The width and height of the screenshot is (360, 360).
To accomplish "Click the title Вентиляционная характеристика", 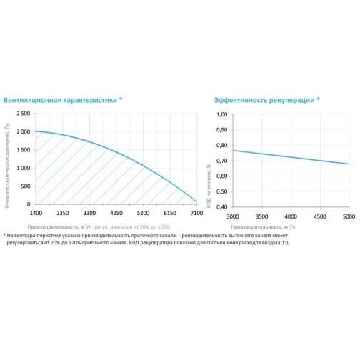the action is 60,100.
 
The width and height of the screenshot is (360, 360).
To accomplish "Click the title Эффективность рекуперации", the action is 264,100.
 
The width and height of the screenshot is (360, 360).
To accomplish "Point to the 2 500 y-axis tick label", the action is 24,114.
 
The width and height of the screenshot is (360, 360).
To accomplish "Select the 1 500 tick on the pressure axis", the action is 24,150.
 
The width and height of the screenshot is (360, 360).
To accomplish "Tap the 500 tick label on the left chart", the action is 26,186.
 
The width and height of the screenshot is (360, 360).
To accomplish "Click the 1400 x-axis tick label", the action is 36,213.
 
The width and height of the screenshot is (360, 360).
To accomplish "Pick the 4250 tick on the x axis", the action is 116,213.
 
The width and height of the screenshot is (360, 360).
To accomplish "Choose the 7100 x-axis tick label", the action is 196,213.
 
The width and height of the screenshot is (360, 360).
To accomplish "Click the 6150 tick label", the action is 170,213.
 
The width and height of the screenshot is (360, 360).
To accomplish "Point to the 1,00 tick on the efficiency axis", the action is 222,114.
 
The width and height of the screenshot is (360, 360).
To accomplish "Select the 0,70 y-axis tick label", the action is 222,161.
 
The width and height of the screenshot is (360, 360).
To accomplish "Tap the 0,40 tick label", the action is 222,207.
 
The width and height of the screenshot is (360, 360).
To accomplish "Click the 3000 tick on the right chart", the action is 233,216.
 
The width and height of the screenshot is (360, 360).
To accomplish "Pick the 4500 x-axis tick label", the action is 320,216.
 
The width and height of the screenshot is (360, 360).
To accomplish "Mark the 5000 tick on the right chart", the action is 349,216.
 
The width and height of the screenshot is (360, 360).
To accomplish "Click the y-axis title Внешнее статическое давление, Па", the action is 6,166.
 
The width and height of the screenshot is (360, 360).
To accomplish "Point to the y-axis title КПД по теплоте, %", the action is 209,186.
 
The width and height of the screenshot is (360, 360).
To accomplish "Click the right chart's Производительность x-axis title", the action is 263,226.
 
